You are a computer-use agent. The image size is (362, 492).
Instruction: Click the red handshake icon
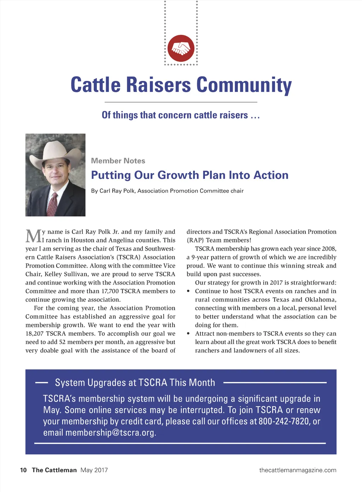(x=181, y=48)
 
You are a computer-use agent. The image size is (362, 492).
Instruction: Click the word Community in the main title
(x=244, y=85)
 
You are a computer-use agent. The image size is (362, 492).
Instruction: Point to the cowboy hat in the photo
(x=56, y=153)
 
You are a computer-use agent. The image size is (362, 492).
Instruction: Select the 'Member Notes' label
(x=118, y=161)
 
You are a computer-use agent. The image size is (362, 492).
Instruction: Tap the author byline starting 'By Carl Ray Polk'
(x=167, y=191)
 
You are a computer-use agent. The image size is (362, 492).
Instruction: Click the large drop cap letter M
(x=33, y=236)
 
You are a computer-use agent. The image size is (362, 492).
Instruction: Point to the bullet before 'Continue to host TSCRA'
(x=188, y=291)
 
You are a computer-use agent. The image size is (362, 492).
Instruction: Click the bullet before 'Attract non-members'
(x=188, y=334)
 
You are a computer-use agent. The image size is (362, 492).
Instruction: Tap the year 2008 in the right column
(x=328, y=249)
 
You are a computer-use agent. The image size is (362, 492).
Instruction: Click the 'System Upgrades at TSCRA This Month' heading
(x=135, y=383)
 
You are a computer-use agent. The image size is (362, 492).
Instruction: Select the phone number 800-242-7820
(x=284, y=421)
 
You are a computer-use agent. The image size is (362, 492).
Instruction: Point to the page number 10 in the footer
(x=23, y=470)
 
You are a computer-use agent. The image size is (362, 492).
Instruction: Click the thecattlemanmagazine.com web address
(x=298, y=470)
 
